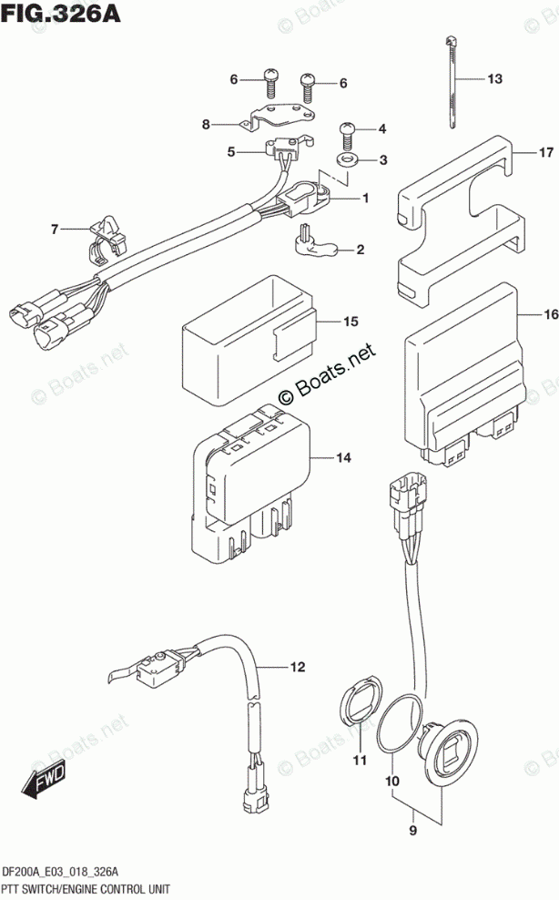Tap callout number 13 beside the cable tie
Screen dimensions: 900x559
(493, 79)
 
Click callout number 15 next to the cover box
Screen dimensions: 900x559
(351, 322)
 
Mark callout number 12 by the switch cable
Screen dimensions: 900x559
(295, 668)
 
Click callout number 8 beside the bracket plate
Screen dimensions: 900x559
(206, 124)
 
